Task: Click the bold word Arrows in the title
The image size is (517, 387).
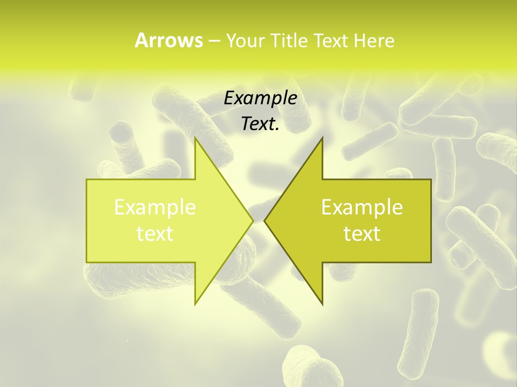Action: [x=169, y=40]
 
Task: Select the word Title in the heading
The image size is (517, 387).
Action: [x=289, y=40]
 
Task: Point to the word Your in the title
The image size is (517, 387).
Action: [x=245, y=41]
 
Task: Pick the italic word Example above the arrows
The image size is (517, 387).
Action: [x=260, y=99]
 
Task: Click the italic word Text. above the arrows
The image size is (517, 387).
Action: [x=260, y=124]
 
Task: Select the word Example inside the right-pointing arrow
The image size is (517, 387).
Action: [x=155, y=207]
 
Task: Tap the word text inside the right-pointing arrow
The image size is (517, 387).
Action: [x=155, y=233]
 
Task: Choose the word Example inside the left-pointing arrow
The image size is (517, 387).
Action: [x=362, y=207]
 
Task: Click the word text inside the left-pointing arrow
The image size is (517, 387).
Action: [x=362, y=233]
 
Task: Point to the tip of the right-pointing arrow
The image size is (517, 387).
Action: [x=253, y=220]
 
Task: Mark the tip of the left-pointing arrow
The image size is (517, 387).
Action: [x=264, y=220]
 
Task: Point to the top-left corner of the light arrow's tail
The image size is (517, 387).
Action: [x=87, y=180]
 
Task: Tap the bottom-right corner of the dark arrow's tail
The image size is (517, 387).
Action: [x=431, y=262]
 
